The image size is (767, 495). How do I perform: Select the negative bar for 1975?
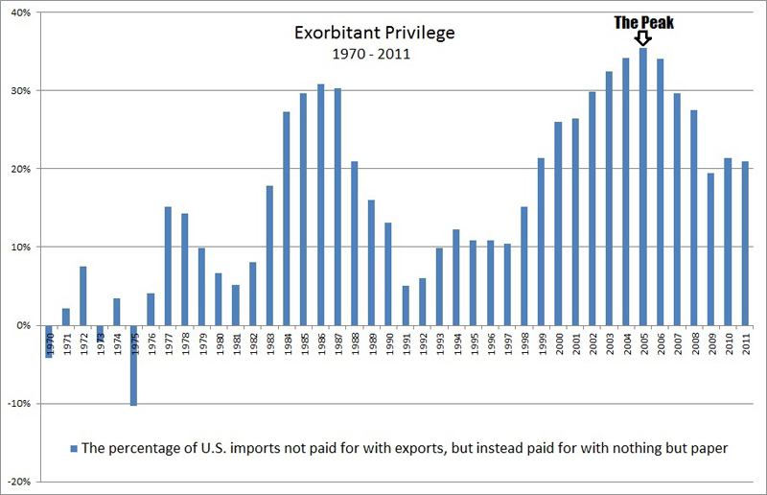pos(134,365)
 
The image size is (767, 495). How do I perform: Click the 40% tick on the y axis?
pos(21,12)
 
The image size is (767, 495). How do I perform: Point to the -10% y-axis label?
pos(19,404)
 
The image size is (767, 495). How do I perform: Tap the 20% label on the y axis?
pos(21,169)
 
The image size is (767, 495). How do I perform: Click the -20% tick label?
pos(19,482)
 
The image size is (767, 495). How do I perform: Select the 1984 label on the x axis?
pos(287,343)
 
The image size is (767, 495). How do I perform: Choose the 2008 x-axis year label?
pos(694,343)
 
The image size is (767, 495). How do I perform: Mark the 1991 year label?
pos(406,343)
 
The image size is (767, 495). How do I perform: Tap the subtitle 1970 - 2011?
pos(374,53)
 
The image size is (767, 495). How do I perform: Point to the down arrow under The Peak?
pos(642,38)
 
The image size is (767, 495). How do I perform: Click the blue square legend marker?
pos(74,447)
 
